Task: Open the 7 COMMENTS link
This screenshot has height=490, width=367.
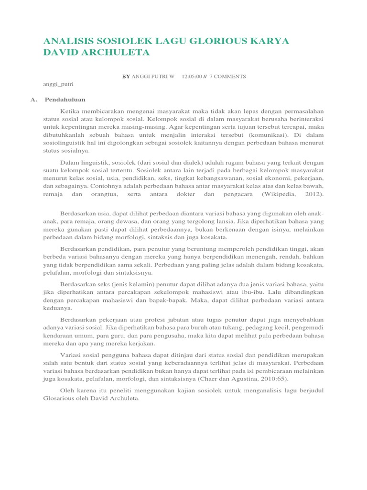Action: point(228,76)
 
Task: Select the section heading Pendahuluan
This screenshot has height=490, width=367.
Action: point(65,100)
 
